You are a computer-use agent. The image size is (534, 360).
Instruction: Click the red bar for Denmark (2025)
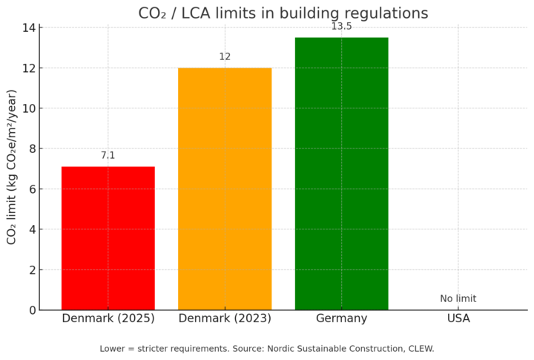pos(108,238)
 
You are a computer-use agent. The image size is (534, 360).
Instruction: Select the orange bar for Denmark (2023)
pos(225,189)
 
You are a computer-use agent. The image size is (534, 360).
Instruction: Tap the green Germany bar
pos(341,174)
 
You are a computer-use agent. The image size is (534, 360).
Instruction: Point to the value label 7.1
pos(108,155)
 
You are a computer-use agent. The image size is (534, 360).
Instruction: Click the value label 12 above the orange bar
pos(225,57)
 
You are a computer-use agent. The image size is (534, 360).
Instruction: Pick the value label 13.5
pos(341,27)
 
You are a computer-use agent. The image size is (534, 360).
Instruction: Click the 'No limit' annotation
pos(458,298)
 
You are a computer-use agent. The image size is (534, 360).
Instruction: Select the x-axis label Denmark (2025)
pos(108,318)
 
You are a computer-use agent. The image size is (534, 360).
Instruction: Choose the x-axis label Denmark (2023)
pos(225,318)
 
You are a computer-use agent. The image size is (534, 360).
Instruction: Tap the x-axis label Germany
pos(341,318)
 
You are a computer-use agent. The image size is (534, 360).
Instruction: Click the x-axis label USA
pos(458,318)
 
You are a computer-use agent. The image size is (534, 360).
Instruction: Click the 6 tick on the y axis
pos(32,189)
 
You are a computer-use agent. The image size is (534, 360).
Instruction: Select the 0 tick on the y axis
pos(32,310)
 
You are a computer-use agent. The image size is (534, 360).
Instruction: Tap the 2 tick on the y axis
pos(32,270)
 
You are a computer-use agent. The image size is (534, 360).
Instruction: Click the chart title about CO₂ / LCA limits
pos(283,13)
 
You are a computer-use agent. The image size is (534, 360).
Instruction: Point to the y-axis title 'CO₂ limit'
pos(12,166)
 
